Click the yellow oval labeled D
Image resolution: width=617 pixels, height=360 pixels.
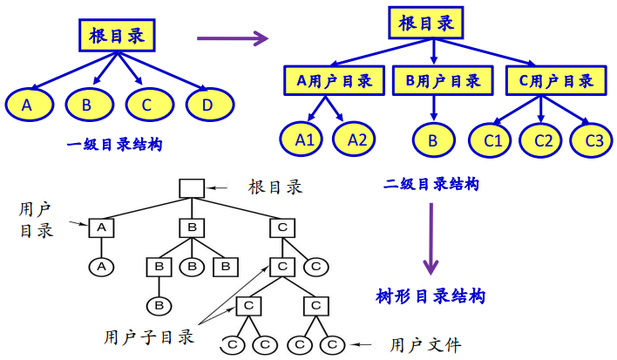(207, 105)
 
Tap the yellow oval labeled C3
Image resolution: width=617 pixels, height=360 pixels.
(593, 139)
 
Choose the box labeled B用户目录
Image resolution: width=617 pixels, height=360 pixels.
(443, 81)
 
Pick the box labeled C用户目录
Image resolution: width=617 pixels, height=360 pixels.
(556, 81)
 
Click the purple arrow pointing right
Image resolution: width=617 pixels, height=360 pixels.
(231, 38)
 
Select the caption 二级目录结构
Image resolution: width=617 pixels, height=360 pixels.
(431, 184)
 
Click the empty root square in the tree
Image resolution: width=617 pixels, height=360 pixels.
(191, 187)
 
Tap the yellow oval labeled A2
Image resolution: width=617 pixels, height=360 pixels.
(358, 139)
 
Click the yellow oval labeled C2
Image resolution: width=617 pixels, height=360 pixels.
(543, 139)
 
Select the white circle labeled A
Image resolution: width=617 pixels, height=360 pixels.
(101, 266)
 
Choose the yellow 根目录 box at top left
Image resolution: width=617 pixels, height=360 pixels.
(122, 36)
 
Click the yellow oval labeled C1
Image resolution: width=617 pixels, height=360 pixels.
(492, 139)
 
